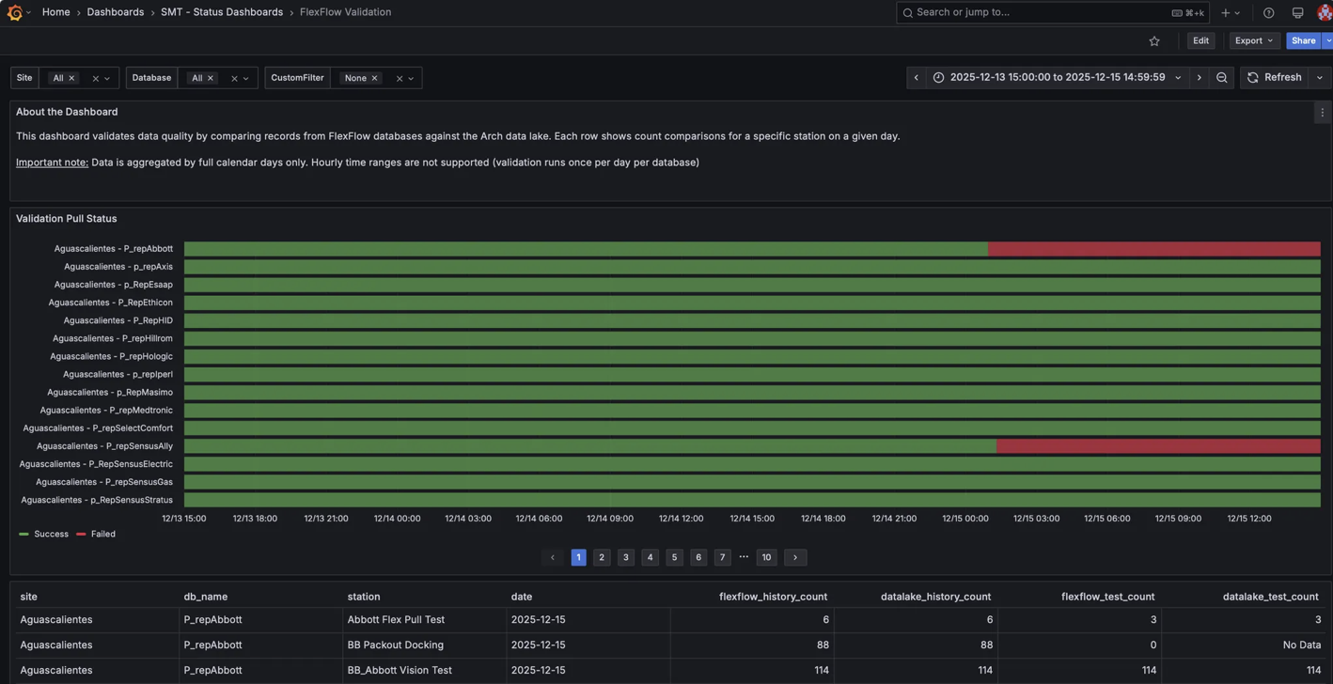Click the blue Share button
[x=1303, y=40]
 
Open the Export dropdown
[x=1254, y=40]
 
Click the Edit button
[x=1200, y=40]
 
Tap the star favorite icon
[x=1154, y=41]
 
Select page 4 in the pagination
[x=650, y=557]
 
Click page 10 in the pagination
[x=766, y=557]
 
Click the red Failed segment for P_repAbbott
[x=1153, y=249]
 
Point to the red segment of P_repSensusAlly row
[x=1157, y=446]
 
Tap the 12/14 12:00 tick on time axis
[x=681, y=519]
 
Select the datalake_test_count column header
[x=1269, y=597]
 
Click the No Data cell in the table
[x=1301, y=645]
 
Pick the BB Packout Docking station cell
[x=395, y=645]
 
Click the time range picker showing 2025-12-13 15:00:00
[x=1057, y=78]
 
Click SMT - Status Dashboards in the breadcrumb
[x=221, y=12]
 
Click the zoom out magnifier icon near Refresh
[x=1221, y=78]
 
